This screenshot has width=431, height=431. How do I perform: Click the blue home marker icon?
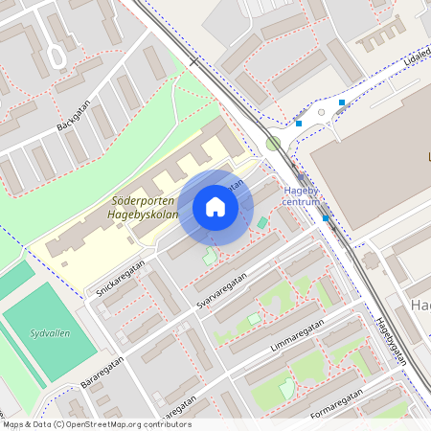pyautogui.click(x=215, y=207)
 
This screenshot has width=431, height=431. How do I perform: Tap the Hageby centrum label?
pyautogui.click(x=301, y=195)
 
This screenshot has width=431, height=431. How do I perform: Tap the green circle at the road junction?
pyautogui.click(x=274, y=144)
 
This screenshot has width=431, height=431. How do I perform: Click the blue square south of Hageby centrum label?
pyautogui.click(x=327, y=218)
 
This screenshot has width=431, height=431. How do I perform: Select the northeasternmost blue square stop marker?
pyautogui.click(x=342, y=102)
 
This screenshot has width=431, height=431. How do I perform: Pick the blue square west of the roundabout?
pyautogui.click(x=299, y=124)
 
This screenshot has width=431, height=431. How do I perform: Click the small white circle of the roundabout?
pyautogui.click(x=322, y=113)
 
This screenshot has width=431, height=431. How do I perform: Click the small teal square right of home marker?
pyautogui.click(x=262, y=223)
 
